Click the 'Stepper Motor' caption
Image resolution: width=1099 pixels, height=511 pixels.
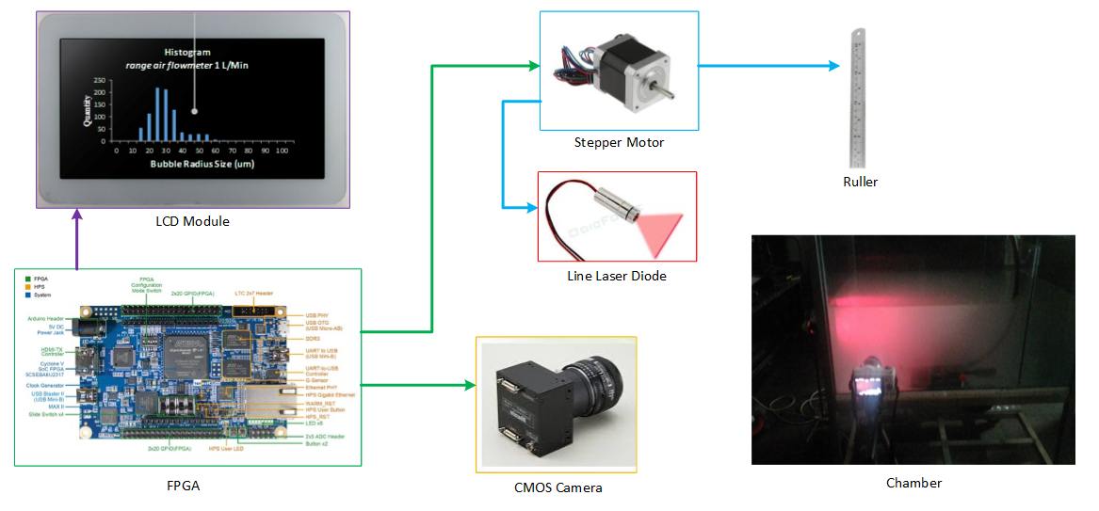click(619, 143)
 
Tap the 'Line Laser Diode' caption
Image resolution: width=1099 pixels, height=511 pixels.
click(617, 276)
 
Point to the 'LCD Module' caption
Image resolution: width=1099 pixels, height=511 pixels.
click(192, 221)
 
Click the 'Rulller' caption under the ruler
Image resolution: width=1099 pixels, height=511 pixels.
click(860, 182)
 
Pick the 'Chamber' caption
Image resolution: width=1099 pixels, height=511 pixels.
click(913, 483)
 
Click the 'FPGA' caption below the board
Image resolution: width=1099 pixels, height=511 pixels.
click(183, 486)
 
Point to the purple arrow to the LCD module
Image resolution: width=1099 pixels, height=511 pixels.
click(76, 241)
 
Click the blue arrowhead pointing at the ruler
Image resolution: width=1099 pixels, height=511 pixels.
click(832, 66)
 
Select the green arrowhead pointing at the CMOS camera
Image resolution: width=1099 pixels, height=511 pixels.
click(468, 385)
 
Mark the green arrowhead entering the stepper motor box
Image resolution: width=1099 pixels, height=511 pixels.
click(533, 66)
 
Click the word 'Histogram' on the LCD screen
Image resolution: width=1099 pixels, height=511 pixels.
click(187, 52)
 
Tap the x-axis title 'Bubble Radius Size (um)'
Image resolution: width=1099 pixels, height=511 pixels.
click(202, 164)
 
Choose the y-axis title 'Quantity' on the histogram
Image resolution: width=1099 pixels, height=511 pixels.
click(88, 111)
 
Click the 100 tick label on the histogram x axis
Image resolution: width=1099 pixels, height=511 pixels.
click(284, 151)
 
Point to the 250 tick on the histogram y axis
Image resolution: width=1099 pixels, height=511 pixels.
click(100, 80)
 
